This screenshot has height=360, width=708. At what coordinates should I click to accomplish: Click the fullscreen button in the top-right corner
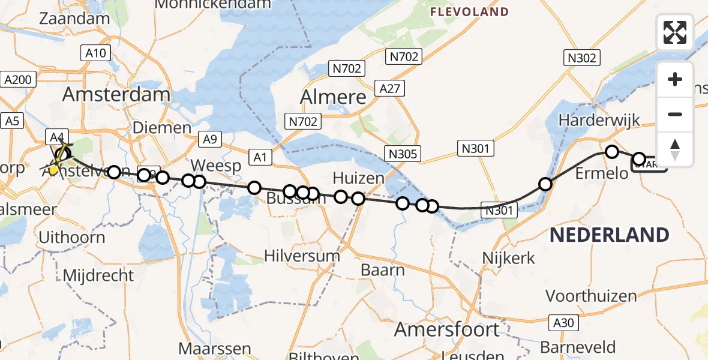tap(675, 32)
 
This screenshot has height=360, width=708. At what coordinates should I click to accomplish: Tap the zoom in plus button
tap(675, 79)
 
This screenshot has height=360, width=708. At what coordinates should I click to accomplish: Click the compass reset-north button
tap(675, 149)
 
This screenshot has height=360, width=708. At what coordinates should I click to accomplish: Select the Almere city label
tap(333, 97)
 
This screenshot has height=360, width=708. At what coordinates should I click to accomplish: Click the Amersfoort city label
tap(447, 329)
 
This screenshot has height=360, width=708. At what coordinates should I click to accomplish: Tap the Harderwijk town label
tap(599, 119)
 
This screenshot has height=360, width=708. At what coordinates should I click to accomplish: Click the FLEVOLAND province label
tap(470, 11)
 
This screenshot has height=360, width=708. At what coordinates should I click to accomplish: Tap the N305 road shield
tap(403, 154)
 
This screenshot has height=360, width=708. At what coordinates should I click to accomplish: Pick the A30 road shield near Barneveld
tap(563, 323)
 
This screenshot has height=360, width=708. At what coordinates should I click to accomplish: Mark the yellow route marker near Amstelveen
tap(53, 170)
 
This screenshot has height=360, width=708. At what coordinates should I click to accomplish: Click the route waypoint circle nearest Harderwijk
tap(612, 152)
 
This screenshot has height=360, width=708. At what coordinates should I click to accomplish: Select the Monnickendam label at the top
tap(213, 4)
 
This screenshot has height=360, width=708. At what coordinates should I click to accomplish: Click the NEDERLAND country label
tap(609, 234)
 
